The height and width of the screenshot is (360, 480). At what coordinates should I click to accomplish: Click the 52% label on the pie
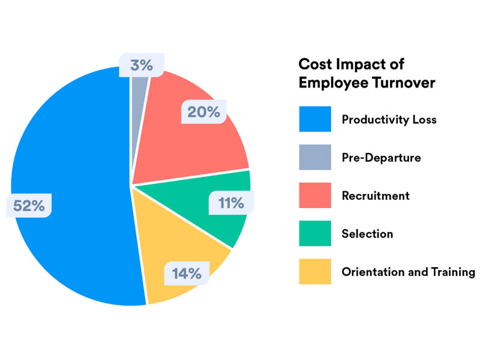29,205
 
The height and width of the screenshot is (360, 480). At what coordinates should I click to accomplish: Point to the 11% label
231,203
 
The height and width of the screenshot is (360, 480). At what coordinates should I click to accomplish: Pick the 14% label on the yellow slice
187,274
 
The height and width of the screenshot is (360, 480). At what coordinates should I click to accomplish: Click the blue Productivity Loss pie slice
72,150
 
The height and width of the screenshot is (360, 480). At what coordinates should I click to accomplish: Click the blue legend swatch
315,119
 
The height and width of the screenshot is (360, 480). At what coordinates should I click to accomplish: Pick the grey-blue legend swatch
315,157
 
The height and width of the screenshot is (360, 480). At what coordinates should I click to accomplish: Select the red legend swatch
315,196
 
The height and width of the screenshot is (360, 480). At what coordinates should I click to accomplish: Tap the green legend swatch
315,233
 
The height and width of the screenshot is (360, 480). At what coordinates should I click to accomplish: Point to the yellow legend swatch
315,271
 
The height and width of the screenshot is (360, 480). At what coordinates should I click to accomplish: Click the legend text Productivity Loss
389,119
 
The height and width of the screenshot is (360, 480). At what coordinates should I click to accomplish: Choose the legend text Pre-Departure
381,158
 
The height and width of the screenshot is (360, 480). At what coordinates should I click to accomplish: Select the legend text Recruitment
376,196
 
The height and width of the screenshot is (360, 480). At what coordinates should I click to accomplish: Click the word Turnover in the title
403,83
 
